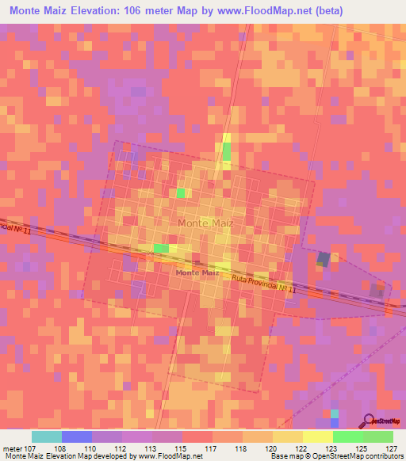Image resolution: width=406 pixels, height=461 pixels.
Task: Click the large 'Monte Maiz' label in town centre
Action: [x=205, y=223]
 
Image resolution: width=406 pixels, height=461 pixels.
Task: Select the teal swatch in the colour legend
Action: [x=46, y=436]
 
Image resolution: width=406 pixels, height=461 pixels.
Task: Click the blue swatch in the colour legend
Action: [x=76, y=436]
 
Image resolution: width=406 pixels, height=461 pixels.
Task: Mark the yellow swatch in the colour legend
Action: [x=317, y=436]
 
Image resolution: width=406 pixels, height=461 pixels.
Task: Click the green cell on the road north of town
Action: [x=227, y=150]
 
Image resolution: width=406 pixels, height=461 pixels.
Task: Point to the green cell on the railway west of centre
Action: [x=161, y=249]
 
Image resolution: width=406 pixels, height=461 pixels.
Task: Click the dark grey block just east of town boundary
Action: [x=324, y=258]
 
